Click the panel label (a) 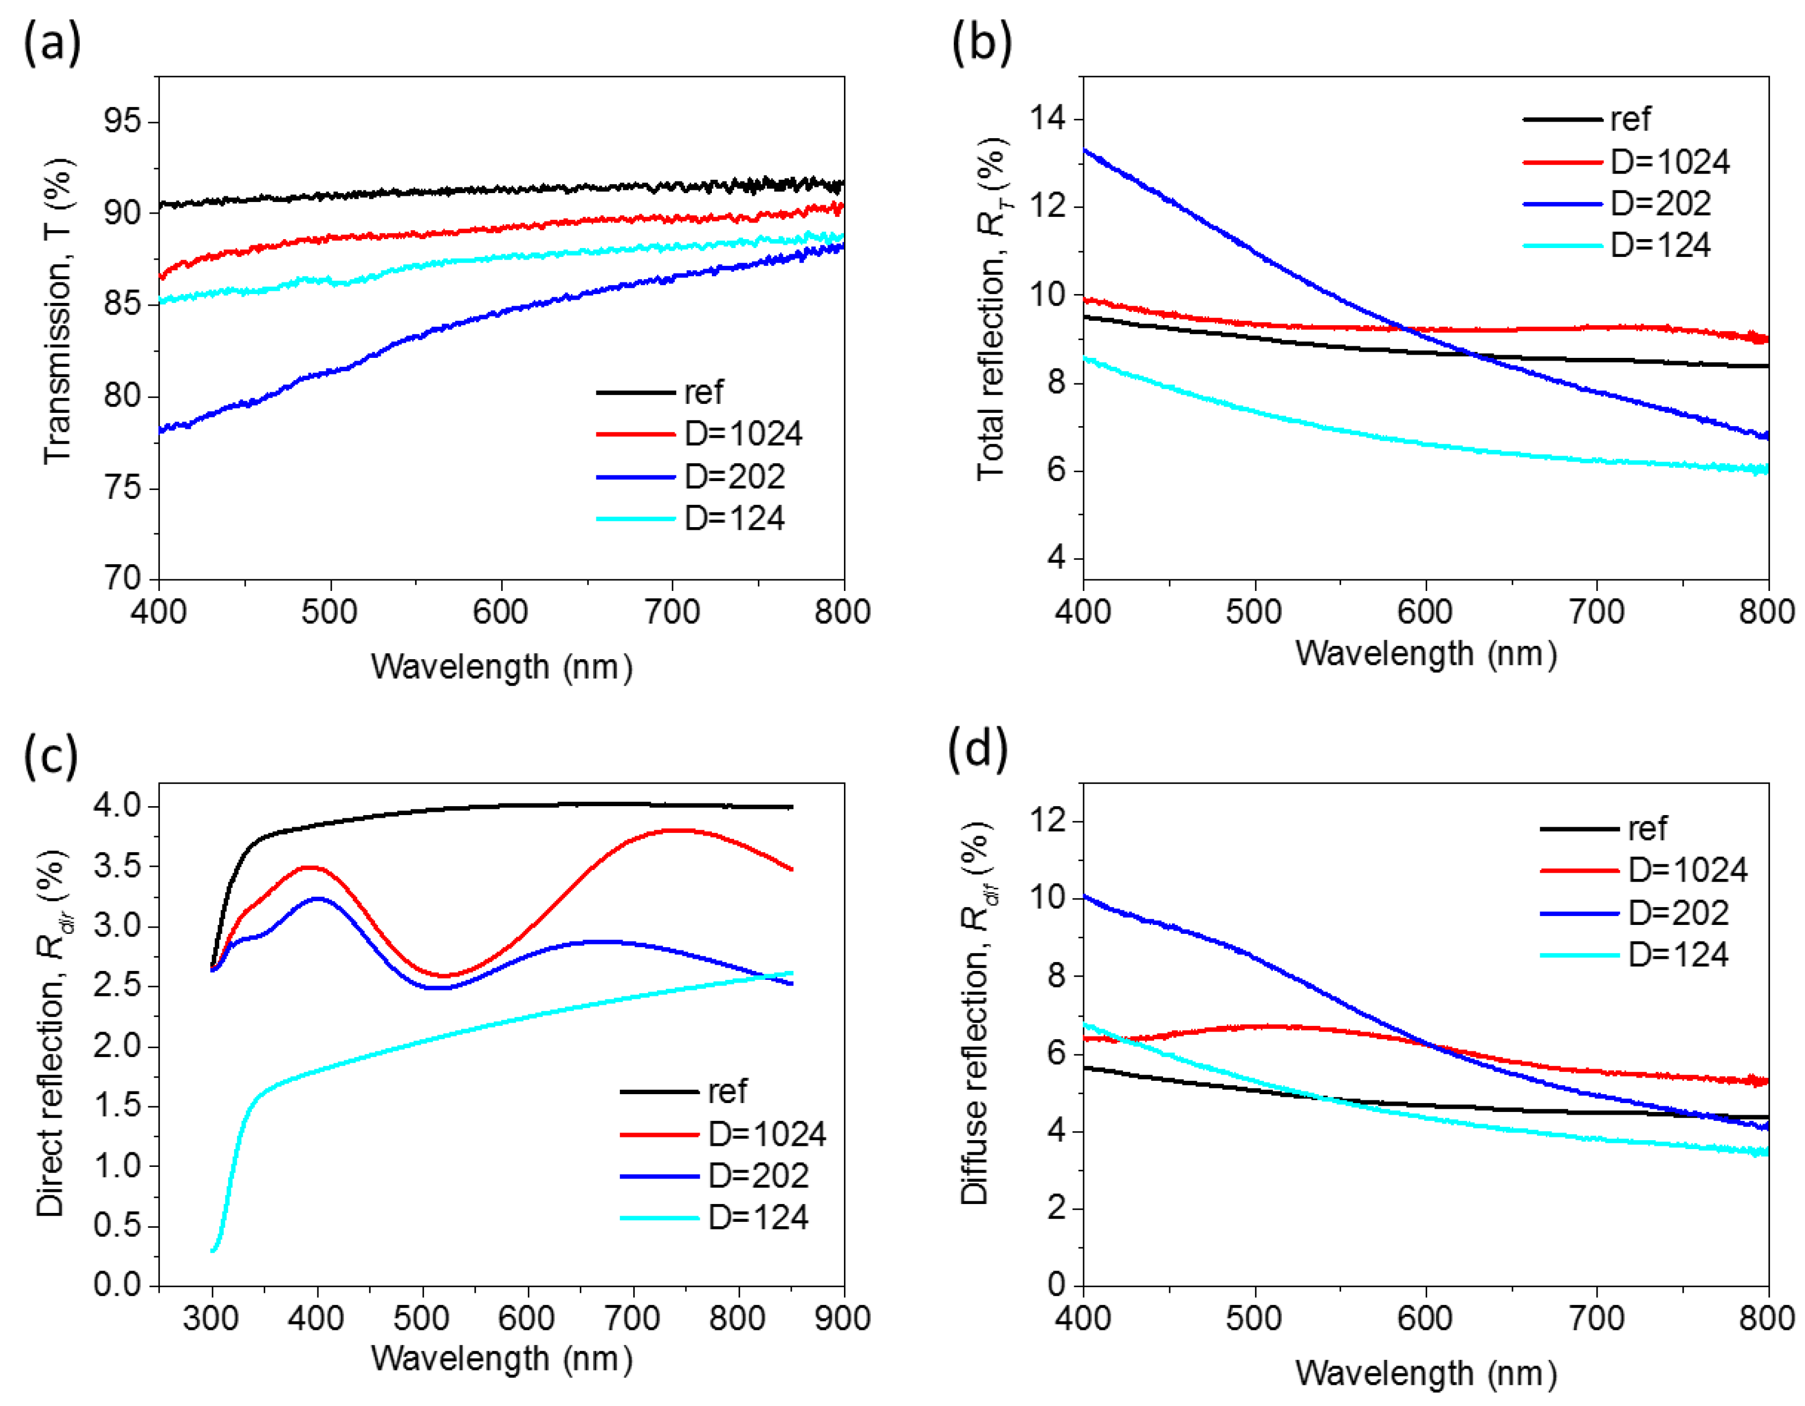(x=51, y=43)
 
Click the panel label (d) (x=978, y=750)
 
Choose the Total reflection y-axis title (x=991, y=310)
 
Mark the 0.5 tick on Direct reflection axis (x=118, y=1226)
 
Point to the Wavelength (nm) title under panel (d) (x=1425, y=1373)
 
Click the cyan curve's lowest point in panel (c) (x=213, y=1251)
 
